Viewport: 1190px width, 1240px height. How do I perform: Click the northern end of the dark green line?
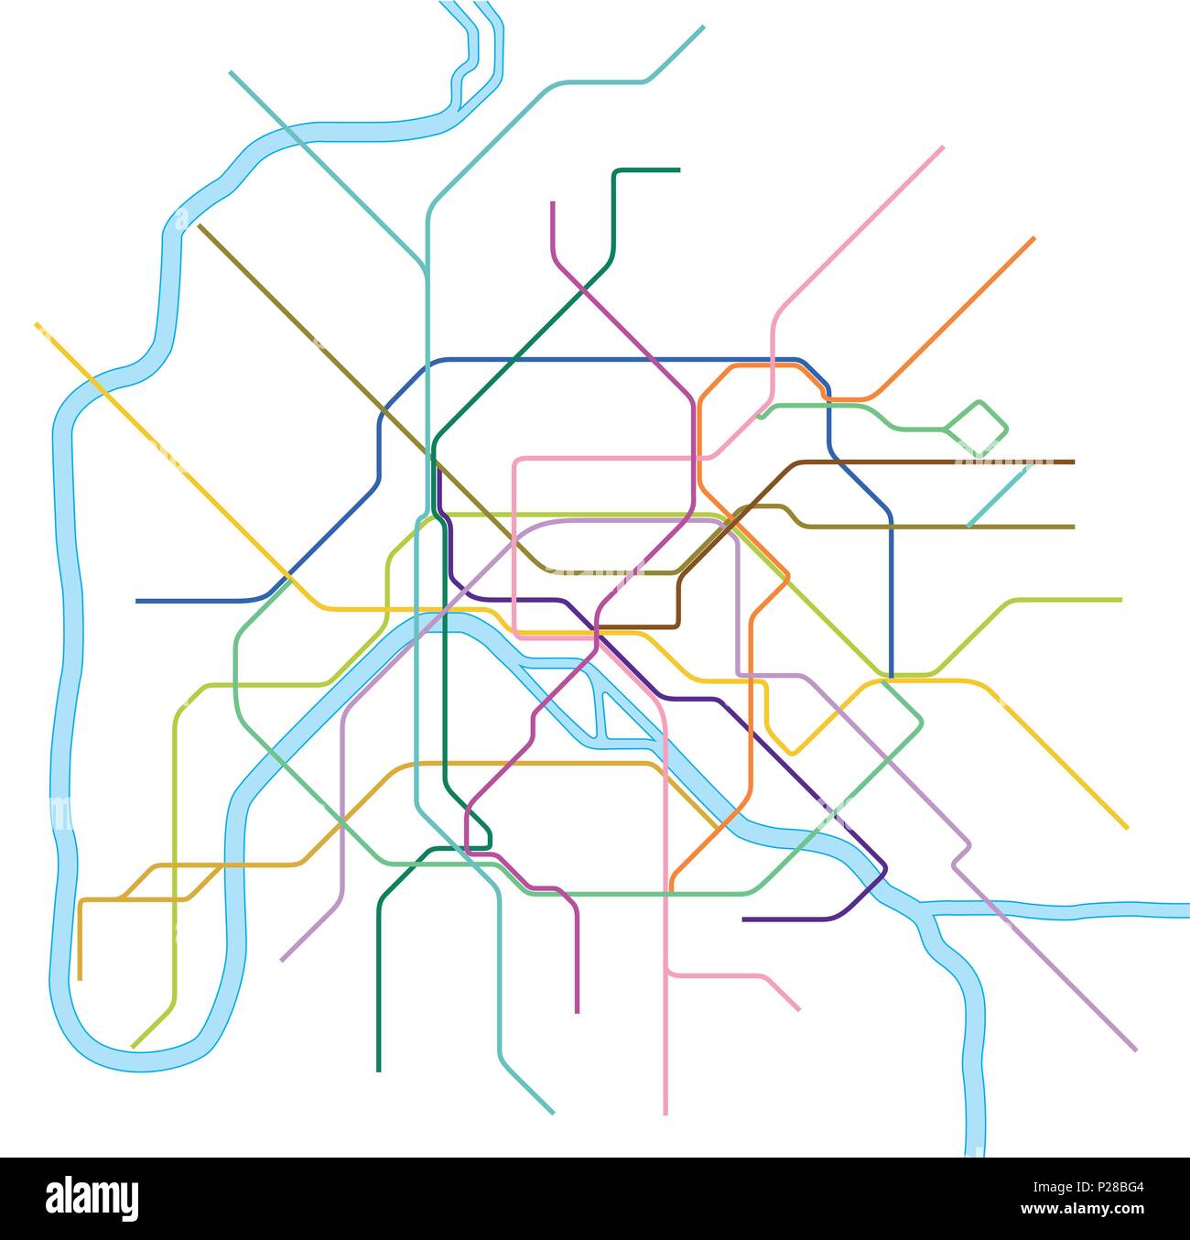678,170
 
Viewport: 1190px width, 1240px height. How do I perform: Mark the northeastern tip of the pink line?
942,147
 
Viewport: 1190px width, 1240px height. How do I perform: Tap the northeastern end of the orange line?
1033,238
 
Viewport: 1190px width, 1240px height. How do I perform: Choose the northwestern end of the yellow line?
37,324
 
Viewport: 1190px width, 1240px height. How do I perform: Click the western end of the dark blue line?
137,601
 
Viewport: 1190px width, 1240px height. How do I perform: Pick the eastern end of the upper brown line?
1073,462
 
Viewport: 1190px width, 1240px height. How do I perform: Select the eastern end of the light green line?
1120,600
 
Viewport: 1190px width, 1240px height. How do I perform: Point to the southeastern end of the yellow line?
1127,828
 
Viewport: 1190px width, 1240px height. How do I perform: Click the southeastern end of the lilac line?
1135,1050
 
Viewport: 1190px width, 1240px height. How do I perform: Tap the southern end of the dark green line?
378,1070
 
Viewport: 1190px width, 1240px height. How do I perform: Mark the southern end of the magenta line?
577,1012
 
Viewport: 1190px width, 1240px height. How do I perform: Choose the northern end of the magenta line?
553,202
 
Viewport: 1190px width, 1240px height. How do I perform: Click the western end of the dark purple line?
743,919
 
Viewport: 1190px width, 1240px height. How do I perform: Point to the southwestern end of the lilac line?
282,960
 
